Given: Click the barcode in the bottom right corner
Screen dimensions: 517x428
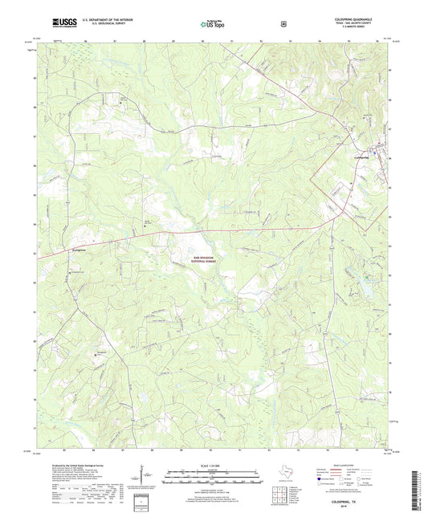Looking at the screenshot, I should (416, 490).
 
